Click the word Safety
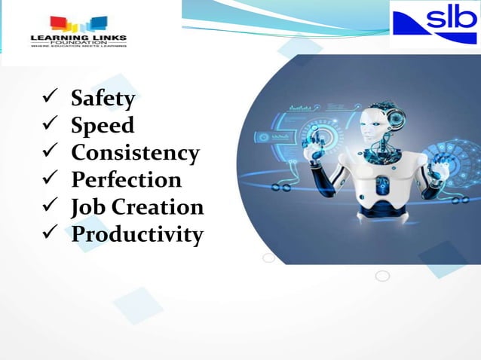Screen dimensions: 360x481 coord(103,99)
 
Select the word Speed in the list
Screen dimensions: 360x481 coord(102,126)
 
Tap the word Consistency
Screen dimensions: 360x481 coord(135,153)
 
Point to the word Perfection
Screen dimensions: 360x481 coord(126,180)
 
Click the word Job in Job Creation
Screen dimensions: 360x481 coord(87,207)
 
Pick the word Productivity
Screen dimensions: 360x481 coord(136,234)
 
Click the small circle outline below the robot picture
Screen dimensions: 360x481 coord(382,276)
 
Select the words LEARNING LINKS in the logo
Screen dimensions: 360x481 coord(78,36)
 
